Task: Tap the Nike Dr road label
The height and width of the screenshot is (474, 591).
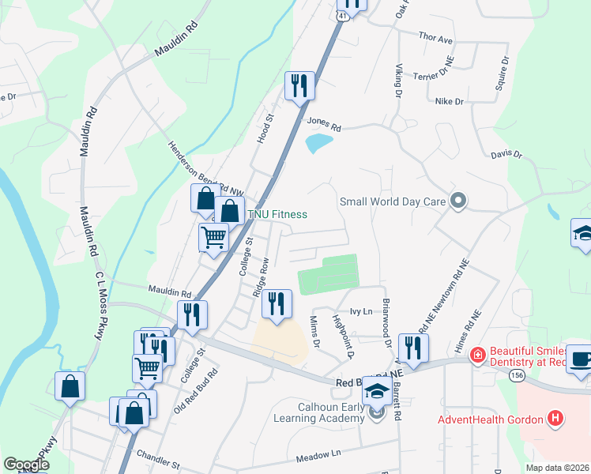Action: pos(449,101)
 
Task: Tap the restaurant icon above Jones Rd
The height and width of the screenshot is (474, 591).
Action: pos(299,85)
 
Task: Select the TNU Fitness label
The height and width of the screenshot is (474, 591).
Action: pos(277,214)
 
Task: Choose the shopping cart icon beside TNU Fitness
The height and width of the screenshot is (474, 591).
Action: pos(213,236)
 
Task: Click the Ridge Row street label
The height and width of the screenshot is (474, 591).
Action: pos(259,276)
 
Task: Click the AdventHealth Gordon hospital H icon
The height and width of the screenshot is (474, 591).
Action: pos(556,419)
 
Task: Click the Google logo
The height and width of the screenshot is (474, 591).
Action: pos(26,465)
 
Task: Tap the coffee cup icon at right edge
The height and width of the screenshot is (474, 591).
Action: pos(580,357)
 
